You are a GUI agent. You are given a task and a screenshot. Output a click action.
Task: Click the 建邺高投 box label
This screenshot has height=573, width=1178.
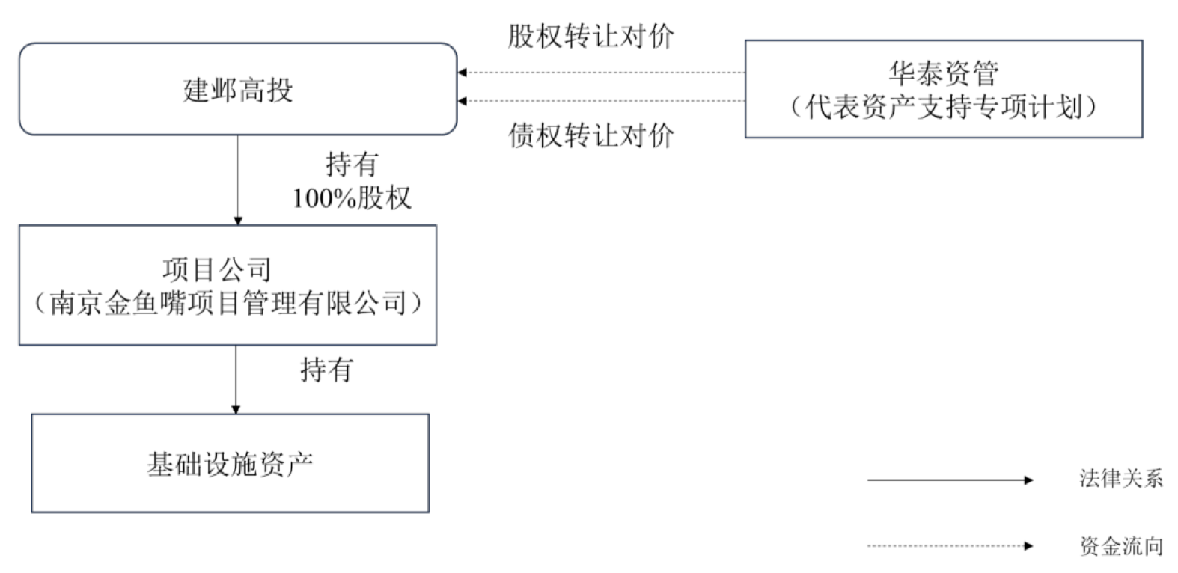click(238, 90)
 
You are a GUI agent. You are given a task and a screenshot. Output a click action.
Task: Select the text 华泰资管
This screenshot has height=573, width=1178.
click(943, 73)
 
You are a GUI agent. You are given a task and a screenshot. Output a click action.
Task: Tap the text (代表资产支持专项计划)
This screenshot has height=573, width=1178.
click(943, 107)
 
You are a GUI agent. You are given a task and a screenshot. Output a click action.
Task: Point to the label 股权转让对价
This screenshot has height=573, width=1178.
click(590, 36)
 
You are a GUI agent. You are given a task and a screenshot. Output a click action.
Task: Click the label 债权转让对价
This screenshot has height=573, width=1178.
click(590, 135)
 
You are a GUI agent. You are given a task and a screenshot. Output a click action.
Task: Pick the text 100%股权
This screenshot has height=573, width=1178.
click(351, 197)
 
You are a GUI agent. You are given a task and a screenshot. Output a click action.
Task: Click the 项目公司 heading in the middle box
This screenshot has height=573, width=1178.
click(216, 269)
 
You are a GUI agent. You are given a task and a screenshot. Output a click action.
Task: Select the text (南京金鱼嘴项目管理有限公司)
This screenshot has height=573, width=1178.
click(228, 303)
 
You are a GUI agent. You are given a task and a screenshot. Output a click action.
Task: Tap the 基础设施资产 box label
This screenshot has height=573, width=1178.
click(230, 465)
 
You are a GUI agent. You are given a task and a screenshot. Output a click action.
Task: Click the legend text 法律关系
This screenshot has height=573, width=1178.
click(1120, 479)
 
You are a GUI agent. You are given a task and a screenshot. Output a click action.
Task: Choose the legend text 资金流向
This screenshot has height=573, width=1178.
click(1120, 546)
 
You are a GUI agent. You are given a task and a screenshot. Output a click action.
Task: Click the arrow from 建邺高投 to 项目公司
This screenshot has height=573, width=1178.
click(238, 180)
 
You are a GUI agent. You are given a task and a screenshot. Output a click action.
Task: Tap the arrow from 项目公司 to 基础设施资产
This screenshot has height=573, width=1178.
click(236, 378)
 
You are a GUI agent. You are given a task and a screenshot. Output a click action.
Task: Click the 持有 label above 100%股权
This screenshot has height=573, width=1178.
click(351, 164)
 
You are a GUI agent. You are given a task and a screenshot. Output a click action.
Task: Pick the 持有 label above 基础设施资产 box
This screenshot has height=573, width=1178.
click(326, 369)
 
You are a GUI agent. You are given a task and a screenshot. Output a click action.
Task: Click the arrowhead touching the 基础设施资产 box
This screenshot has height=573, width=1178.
click(236, 409)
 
